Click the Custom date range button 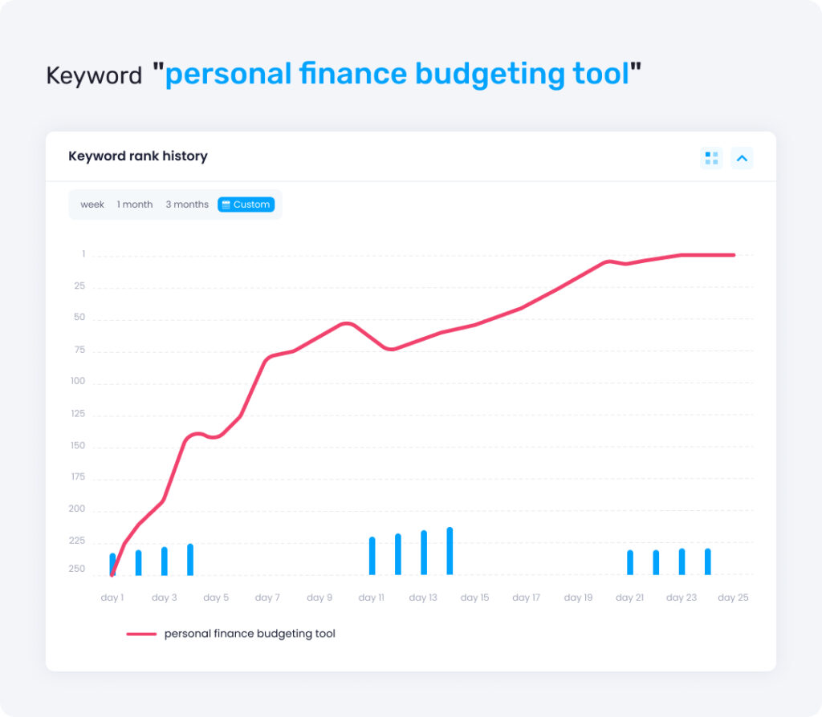click(246, 205)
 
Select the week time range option click(92, 205)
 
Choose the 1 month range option click(135, 205)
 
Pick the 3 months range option click(187, 205)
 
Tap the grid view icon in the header click(711, 158)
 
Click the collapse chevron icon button click(742, 158)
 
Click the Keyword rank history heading click(138, 156)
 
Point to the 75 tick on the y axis click(79, 350)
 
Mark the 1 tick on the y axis click(83, 254)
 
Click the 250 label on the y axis click(76, 569)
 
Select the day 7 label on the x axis click(267, 597)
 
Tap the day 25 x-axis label click(733, 597)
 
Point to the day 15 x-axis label click(474, 597)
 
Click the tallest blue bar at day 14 click(450, 551)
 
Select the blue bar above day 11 click(372, 556)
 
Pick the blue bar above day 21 click(630, 562)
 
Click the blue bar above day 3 click(165, 561)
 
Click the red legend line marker click(141, 634)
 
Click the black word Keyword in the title click(94, 75)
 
